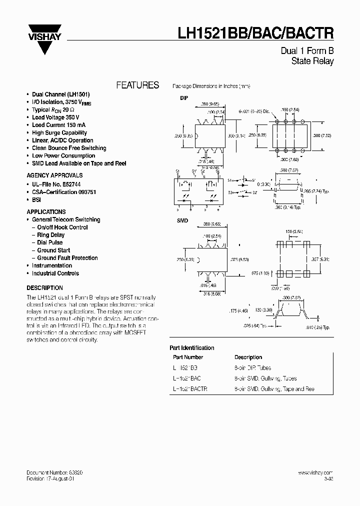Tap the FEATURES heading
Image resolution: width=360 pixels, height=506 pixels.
click(137, 85)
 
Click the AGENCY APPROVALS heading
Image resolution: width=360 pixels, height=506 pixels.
click(54, 175)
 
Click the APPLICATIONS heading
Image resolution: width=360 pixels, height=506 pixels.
click(46, 211)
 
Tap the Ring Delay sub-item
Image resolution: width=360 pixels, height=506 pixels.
click(50, 235)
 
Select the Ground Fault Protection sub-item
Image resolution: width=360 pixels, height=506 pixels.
click(67, 258)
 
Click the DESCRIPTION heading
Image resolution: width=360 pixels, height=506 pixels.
click(44, 288)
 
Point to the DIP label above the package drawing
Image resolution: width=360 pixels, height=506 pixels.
click(184, 98)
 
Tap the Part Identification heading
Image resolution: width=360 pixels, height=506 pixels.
click(192, 347)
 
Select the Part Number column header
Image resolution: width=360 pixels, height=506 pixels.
click(188, 357)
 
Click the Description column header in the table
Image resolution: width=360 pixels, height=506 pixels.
click(248, 357)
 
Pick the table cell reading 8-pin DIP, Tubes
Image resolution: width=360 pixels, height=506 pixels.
click(253, 367)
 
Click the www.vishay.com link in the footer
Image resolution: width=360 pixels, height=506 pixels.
click(315, 472)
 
